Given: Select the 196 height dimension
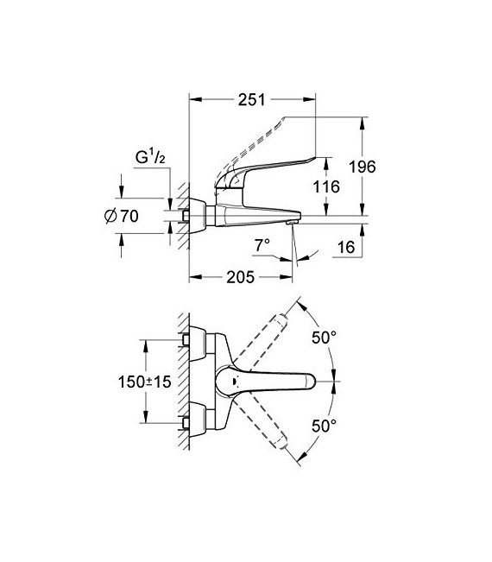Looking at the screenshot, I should (364, 167).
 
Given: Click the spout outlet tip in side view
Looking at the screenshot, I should (292, 224).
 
